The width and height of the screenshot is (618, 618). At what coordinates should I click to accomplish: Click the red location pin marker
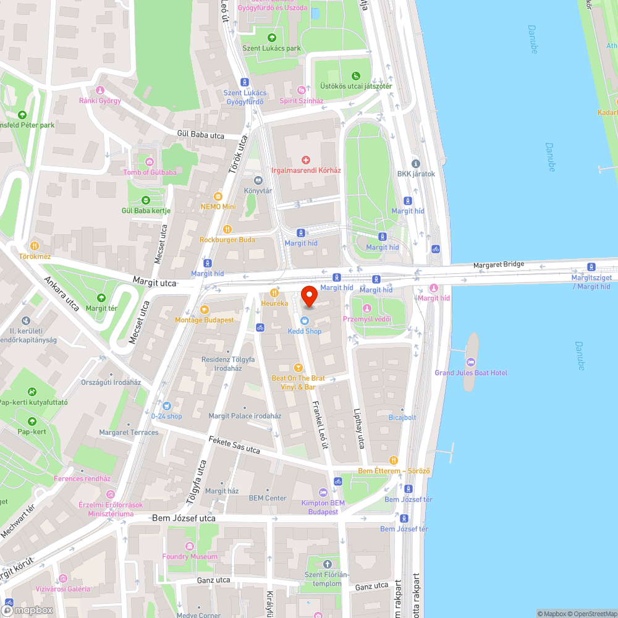click(309, 297)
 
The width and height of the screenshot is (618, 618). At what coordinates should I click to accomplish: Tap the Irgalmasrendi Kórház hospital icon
click(306, 160)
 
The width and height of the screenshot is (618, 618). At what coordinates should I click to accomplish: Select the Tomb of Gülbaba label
click(150, 172)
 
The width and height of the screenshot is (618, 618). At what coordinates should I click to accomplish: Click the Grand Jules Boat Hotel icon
click(472, 363)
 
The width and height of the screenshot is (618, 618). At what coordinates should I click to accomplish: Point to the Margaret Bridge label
click(499, 265)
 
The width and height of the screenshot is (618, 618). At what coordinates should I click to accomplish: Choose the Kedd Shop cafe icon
click(305, 321)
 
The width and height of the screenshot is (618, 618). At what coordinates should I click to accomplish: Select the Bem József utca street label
click(184, 518)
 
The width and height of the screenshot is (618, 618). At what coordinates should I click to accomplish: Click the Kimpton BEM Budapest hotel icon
click(323, 492)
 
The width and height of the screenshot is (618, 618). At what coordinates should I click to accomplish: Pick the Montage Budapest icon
click(204, 310)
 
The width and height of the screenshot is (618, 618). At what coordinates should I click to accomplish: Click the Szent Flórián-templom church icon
click(328, 564)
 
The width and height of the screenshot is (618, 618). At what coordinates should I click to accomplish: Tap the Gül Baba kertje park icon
click(146, 200)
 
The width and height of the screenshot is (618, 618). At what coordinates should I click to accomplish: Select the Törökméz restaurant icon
click(35, 245)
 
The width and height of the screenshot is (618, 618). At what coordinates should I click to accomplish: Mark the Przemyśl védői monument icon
click(367, 308)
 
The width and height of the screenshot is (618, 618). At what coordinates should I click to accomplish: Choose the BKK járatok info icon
click(416, 164)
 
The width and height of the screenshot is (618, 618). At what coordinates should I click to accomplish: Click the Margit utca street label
click(154, 282)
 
